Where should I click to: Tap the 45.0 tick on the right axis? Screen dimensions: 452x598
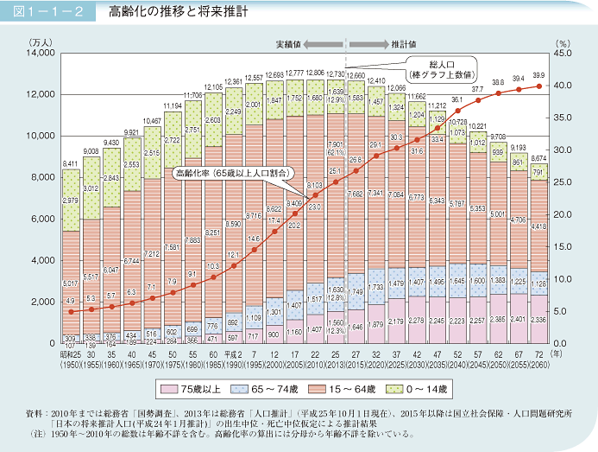(563, 54)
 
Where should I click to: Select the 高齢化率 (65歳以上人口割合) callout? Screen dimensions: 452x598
(229, 172)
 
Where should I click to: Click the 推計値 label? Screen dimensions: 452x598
(403, 42)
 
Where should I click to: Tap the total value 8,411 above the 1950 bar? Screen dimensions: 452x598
(71, 162)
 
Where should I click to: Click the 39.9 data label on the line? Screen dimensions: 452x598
(539, 76)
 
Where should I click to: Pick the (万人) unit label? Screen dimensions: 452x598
(41, 41)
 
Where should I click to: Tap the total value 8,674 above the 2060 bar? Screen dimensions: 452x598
(539, 157)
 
